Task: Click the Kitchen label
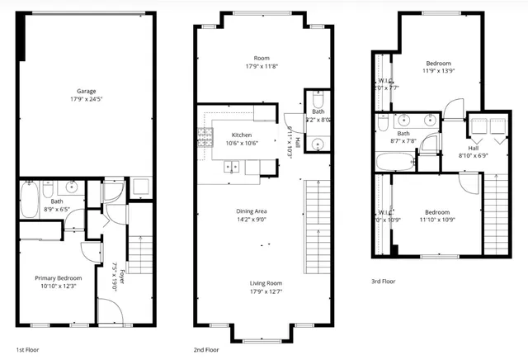[242, 135]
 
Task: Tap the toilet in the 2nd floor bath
[318, 102]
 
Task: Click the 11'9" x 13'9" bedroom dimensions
[438, 73]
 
